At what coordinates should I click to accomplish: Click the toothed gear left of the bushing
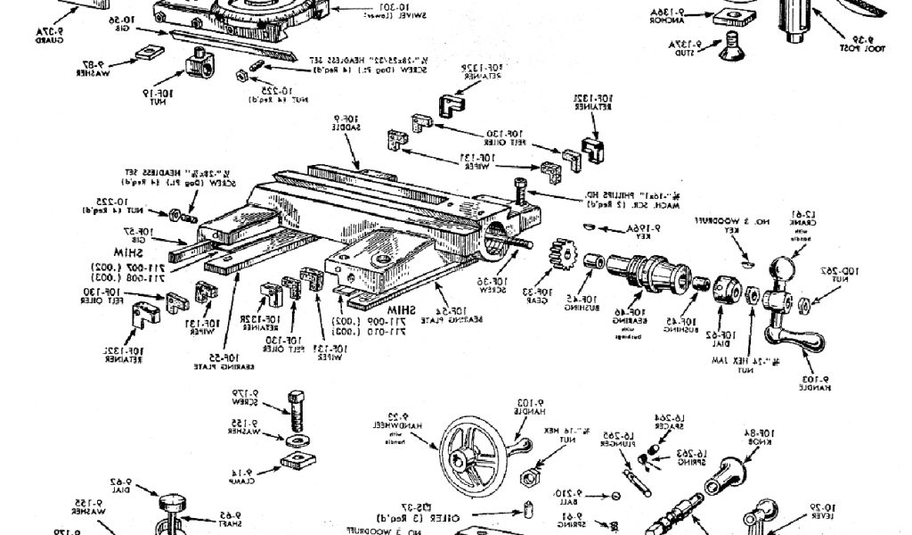click(561, 259)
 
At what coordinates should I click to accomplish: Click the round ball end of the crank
click(783, 268)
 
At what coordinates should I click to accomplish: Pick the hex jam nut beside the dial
click(753, 294)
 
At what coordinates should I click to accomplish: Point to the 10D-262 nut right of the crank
click(804, 305)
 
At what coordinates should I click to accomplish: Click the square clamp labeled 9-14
click(292, 462)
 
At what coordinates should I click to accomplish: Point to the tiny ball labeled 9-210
click(615, 496)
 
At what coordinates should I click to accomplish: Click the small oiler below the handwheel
click(527, 513)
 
